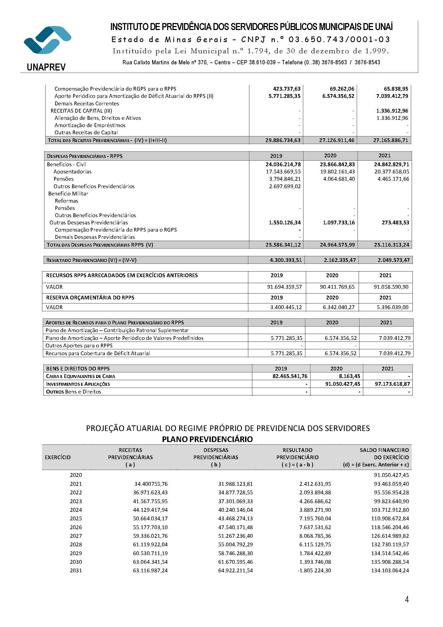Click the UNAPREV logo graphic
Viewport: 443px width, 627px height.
click(x=47, y=40)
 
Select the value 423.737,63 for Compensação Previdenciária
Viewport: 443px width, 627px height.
click(x=286, y=89)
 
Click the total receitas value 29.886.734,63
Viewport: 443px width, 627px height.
click(x=283, y=140)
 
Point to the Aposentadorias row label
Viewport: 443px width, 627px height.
click(x=72, y=172)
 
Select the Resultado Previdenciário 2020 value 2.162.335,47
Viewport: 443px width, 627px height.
click(x=340, y=260)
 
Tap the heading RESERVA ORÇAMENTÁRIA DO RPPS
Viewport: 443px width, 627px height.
click(x=90, y=298)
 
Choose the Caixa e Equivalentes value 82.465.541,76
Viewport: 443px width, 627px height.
click(x=290, y=376)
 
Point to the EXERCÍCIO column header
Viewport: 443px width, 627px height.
click(x=58, y=457)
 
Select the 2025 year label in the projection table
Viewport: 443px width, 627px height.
click(x=76, y=519)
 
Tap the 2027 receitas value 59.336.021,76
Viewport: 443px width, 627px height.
click(x=150, y=536)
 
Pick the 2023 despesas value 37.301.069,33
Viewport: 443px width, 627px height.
click(x=235, y=501)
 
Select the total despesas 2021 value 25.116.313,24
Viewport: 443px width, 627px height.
click(x=392, y=245)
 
